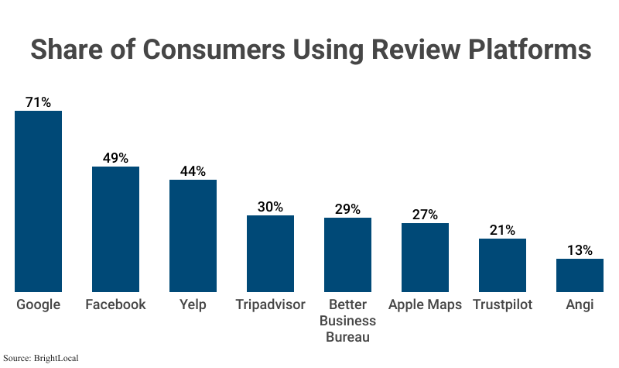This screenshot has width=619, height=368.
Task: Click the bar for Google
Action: [x=38, y=201]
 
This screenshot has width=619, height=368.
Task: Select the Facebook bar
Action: [x=115, y=229]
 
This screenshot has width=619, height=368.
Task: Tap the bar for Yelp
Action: [x=193, y=236]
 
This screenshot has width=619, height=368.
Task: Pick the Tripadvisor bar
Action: [x=270, y=253]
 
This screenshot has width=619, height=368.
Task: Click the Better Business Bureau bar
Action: [x=347, y=254]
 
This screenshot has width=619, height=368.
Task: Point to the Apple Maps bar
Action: [x=425, y=257]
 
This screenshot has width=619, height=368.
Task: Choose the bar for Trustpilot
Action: [x=502, y=265]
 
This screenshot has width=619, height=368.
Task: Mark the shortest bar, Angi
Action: [x=580, y=275]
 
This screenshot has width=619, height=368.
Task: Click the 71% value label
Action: [x=38, y=102]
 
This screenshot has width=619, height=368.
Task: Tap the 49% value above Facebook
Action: [x=115, y=158]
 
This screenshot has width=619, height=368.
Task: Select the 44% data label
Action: [x=193, y=171]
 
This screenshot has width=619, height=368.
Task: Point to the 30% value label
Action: [x=270, y=207]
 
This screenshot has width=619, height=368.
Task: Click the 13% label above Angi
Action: [x=580, y=250]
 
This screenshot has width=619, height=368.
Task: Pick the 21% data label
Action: [x=502, y=230]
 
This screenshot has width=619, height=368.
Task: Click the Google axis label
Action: [x=38, y=304]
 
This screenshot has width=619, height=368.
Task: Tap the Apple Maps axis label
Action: [x=425, y=304]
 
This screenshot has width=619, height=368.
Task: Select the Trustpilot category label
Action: [x=502, y=304]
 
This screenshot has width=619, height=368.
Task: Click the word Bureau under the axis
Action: [x=347, y=337]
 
